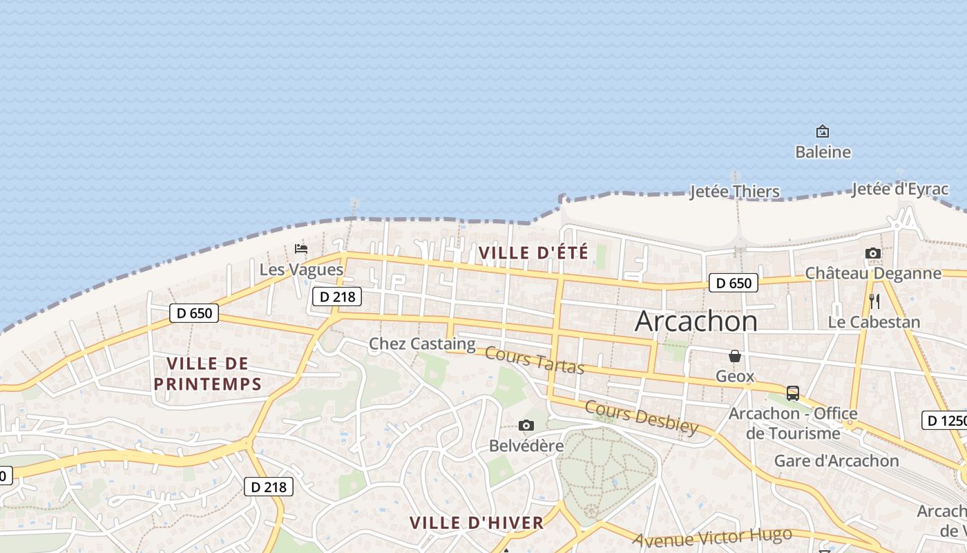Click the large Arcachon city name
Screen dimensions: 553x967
tap(696, 321)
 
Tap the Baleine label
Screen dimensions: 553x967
tap(823, 152)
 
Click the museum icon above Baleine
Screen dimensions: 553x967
tap(823, 131)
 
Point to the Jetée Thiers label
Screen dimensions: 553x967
tap(735, 191)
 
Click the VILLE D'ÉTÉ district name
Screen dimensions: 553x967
tap(534, 253)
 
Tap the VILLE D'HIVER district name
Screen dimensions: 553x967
tap(477, 523)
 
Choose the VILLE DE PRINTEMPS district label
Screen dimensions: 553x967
tap(207, 374)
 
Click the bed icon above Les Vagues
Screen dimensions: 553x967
tap(301, 248)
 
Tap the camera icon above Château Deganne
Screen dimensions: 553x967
tap(873, 254)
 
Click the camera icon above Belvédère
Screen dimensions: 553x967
tap(526, 425)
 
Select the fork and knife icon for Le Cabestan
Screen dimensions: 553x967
tap(874, 301)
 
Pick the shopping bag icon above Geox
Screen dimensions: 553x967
tap(735, 356)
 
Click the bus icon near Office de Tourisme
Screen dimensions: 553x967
tap(793, 393)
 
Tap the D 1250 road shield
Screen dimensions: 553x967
tap(945, 420)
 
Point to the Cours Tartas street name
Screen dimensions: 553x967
tap(535, 360)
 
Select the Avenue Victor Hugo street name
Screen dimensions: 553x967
tap(712, 537)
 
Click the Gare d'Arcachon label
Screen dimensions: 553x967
tap(836, 461)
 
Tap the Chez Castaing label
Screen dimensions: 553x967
tap(422, 344)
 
